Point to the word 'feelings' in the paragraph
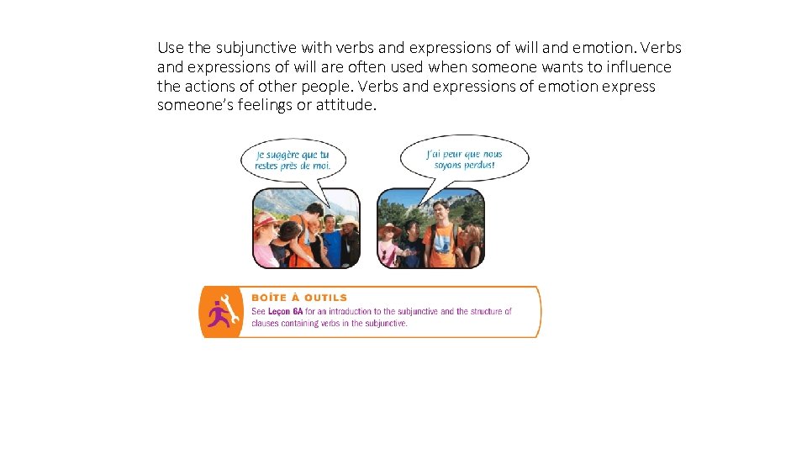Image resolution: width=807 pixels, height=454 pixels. click(x=254, y=105)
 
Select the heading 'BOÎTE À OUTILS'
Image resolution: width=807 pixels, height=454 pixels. click(x=299, y=298)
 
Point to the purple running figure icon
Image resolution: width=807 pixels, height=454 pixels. click(x=218, y=315)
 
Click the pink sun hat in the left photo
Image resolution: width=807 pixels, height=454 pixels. click(x=265, y=220)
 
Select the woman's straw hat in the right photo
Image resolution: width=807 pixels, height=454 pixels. click(x=390, y=228)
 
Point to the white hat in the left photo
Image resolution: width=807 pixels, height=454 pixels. click(x=347, y=221)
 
